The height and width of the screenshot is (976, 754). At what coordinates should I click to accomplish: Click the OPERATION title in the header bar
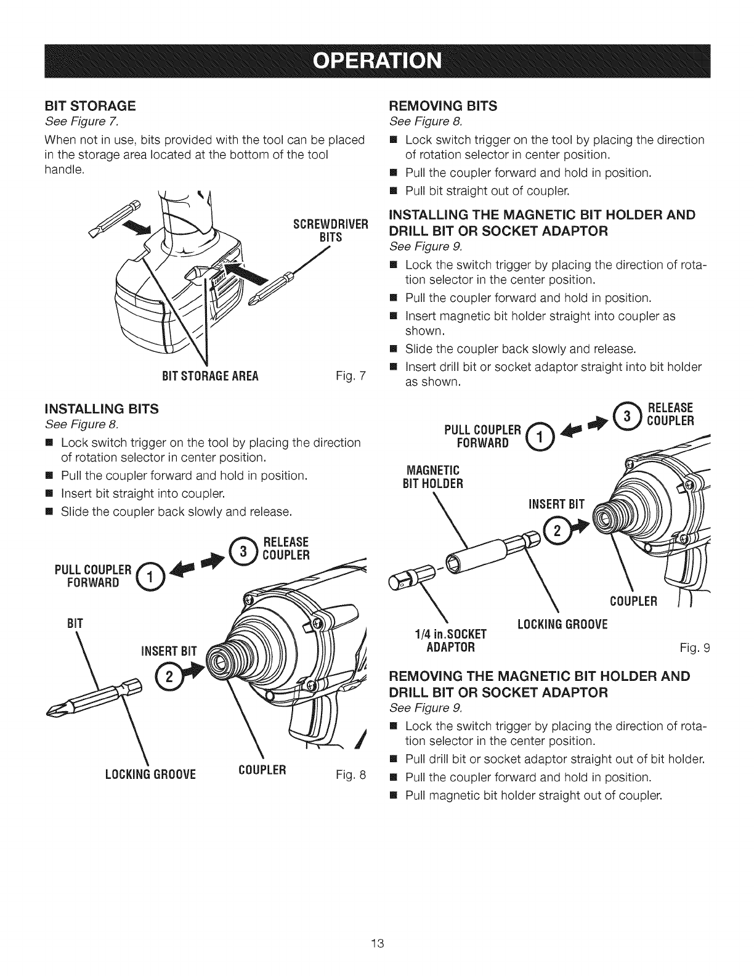(x=377, y=62)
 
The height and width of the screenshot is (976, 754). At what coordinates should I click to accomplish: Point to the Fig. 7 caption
(x=352, y=376)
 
